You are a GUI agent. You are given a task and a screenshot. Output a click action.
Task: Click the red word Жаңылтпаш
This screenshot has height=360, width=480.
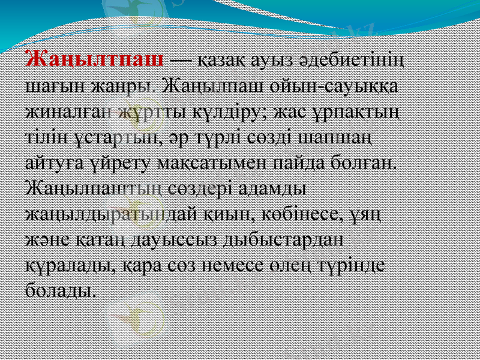(94, 61)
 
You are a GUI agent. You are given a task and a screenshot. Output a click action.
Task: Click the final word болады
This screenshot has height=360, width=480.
(62, 291)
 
